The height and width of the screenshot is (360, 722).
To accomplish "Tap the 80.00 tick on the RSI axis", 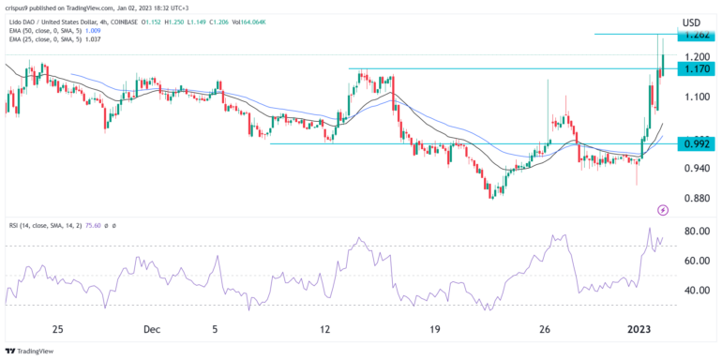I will click(695, 231).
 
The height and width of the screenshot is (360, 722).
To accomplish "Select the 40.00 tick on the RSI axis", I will click(695, 291).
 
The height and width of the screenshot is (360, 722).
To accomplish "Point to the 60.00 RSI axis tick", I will click(695, 261).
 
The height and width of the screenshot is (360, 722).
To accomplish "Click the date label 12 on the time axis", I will click(325, 329).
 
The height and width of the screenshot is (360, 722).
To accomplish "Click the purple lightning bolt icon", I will click(663, 210).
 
